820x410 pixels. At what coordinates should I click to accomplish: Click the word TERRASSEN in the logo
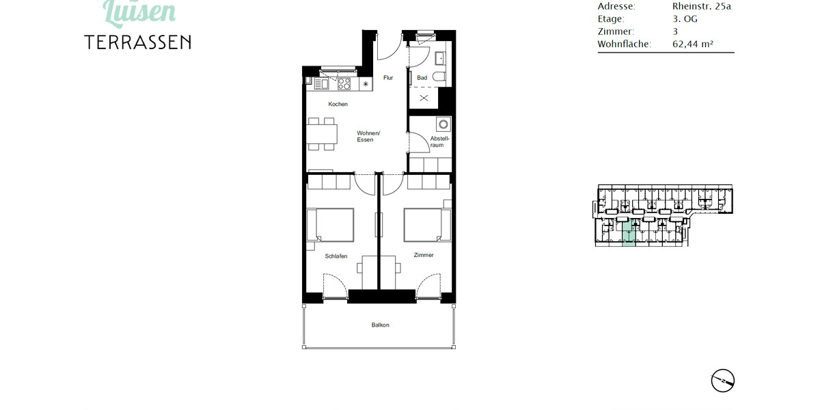point(138,42)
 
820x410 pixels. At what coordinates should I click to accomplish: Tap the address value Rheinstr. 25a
point(702,7)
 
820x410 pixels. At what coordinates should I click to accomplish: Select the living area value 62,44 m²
point(693,44)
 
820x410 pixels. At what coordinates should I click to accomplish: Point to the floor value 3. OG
point(685,19)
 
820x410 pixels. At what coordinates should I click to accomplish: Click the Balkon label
point(380,325)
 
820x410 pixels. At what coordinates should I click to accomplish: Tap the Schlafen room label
point(336,256)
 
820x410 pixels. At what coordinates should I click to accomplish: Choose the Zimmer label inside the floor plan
point(424,255)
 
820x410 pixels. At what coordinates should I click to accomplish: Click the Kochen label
point(338,105)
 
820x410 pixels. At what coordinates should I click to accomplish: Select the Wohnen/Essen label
point(368,137)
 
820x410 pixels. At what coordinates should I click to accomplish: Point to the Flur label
point(388,78)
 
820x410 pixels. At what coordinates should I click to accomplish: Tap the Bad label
point(422,78)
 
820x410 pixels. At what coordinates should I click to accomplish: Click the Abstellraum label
point(437,142)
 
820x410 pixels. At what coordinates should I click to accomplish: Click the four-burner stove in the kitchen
point(344,84)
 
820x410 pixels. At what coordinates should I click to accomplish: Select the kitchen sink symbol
point(322,84)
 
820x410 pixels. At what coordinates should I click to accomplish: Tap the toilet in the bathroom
point(439,77)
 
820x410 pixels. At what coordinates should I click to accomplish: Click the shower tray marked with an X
point(424,98)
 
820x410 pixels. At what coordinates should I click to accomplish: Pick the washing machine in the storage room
point(444,125)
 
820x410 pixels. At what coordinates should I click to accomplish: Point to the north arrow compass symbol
point(722,380)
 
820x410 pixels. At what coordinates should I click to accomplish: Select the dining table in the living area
point(323,134)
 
